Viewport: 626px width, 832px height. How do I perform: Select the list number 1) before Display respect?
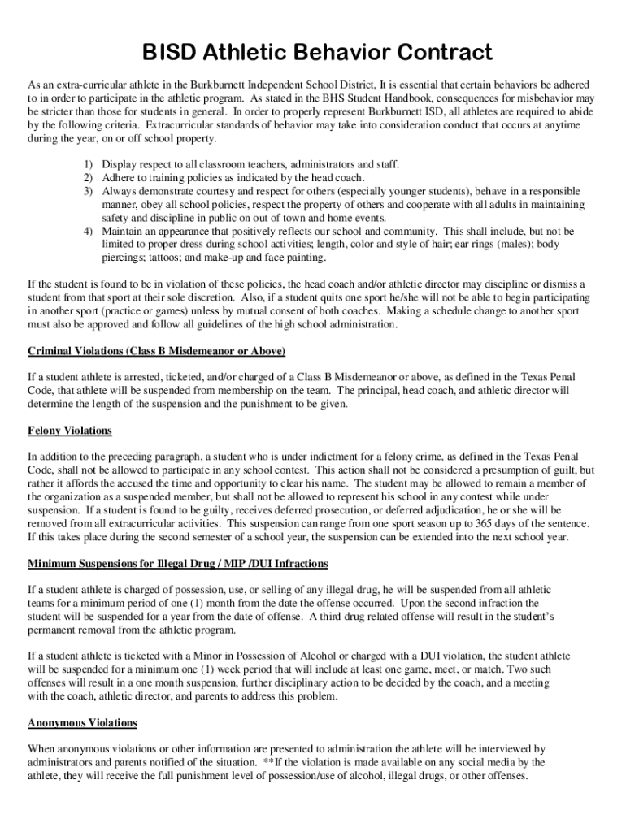(89, 164)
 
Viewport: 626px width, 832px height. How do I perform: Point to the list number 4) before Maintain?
(89, 231)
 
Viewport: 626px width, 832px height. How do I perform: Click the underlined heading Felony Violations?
(69, 431)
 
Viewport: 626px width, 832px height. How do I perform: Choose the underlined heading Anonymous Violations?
(82, 722)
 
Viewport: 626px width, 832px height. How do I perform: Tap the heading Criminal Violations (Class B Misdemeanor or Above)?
(156, 351)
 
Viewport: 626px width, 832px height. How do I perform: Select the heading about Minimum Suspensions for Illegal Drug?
(177, 563)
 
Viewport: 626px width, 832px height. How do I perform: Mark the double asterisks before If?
(268, 762)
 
